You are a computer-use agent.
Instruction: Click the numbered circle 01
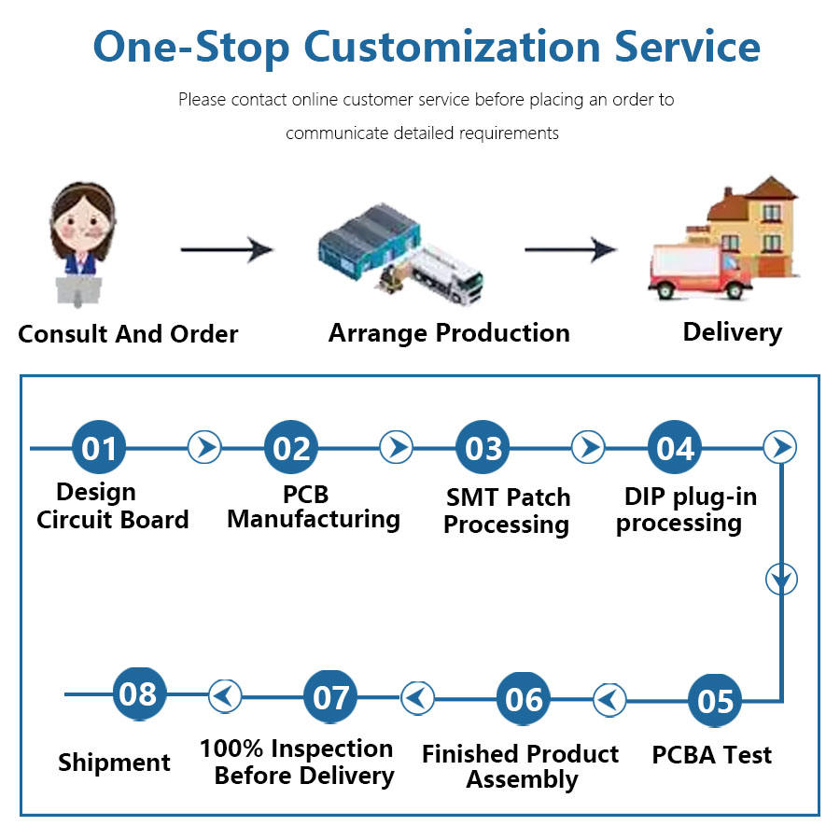click(99, 448)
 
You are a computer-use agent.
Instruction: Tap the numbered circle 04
click(674, 448)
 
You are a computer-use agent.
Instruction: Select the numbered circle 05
click(715, 700)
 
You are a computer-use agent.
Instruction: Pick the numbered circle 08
click(138, 693)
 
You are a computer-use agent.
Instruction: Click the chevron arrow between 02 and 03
click(396, 447)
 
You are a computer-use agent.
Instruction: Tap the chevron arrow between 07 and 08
click(224, 695)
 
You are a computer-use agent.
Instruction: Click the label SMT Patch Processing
click(506, 511)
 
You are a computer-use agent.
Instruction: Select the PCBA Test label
click(712, 754)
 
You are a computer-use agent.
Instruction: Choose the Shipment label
click(114, 763)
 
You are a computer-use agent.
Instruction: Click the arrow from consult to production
click(226, 249)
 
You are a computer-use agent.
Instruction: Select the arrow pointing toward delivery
click(570, 249)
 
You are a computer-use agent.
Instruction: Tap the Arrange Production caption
click(449, 333)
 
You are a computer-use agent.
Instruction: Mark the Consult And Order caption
click(128, 334)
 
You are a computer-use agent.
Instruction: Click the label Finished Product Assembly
click(520, 766)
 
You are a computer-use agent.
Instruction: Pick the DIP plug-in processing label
click(679, 510)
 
